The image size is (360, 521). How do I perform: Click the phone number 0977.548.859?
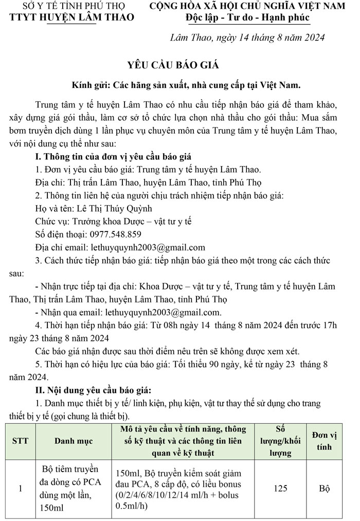(108, 234)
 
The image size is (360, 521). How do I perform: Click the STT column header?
(21, 441)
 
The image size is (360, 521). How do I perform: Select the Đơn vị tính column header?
(324, 441)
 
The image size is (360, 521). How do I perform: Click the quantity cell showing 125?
(280, 488)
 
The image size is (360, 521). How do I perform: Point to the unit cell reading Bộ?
(324, 488)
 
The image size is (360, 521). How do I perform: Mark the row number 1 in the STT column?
(21, 488)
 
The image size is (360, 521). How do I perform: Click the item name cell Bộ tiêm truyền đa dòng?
(72, 488)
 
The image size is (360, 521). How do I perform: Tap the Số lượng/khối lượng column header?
(280, 441)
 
